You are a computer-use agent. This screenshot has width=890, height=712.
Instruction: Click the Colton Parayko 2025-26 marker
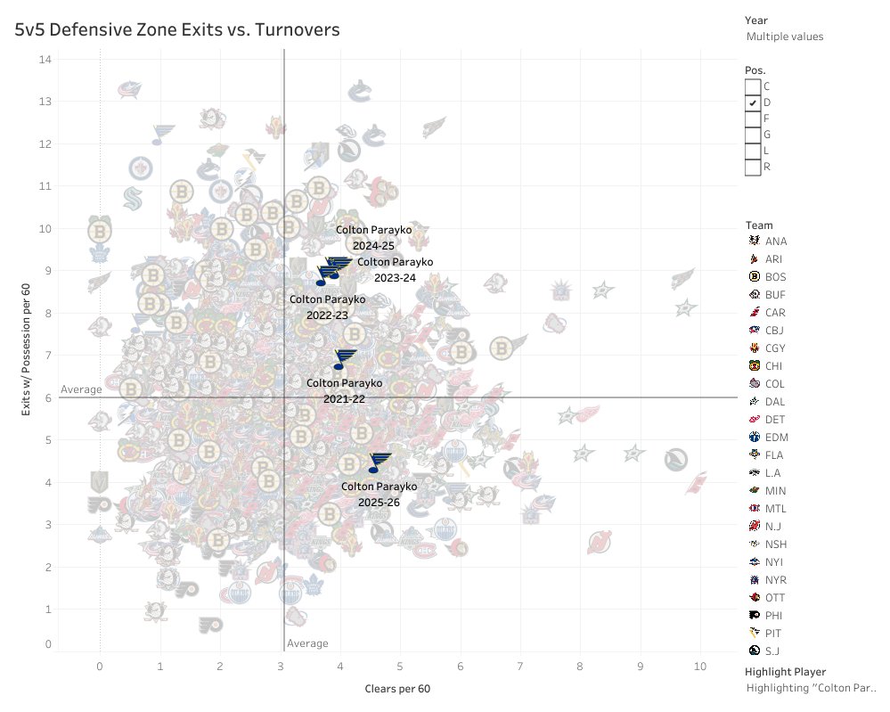coord(380,462)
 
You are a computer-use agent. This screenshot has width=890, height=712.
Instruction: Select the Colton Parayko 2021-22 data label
coord(344,390)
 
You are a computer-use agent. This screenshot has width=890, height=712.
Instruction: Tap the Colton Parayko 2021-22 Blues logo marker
coord(344,359)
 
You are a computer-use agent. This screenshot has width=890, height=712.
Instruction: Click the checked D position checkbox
coord(753,102)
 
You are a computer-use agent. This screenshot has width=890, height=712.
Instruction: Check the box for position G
coord(753,135)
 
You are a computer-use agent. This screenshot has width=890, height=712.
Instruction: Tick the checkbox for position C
coord(753,86)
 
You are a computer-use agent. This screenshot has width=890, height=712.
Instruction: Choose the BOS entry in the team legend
coord(767,276)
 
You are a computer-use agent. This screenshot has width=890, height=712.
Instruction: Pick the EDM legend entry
coord(767,437)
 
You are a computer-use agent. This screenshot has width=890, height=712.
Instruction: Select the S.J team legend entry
coord(767,651)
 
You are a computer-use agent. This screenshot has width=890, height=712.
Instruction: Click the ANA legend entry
coord(767,241)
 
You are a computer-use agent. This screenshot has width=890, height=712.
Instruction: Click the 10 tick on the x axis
coord(700,666)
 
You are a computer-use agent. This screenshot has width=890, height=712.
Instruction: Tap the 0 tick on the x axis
coord(100,666)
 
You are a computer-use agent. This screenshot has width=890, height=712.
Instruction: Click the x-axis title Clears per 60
coord(397,689)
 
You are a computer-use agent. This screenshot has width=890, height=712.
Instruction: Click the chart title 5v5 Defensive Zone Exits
coord(176,29)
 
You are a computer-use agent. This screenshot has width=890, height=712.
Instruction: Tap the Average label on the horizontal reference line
coord(81,389)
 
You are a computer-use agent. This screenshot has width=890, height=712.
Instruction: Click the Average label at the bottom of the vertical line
coord(307,643)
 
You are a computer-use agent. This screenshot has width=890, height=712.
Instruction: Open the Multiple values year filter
coord(784,37)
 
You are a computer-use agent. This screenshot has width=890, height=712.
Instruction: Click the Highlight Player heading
coord(785,671)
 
